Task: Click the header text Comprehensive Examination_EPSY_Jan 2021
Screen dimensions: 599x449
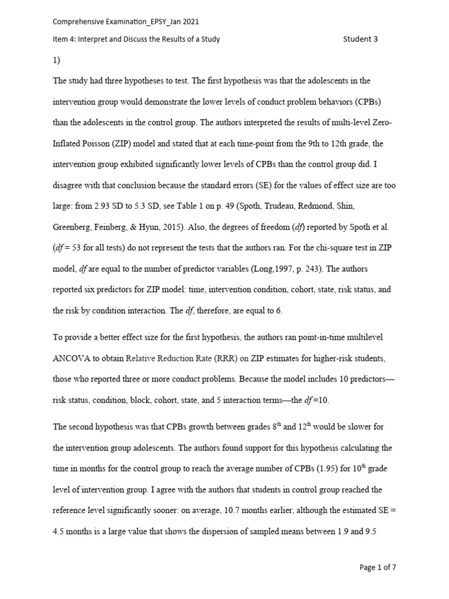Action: pos(126,22)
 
